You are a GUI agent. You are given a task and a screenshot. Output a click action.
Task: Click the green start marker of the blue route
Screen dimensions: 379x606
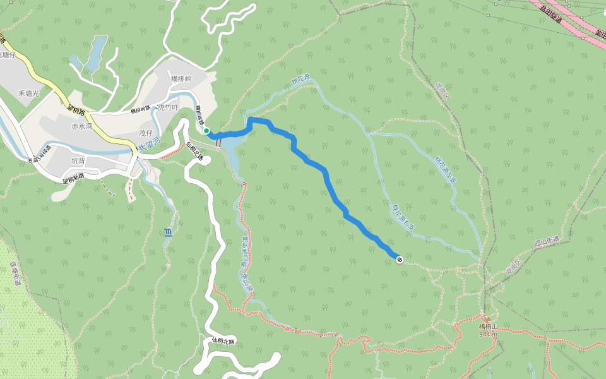pyautogui.click(x=206, y=131)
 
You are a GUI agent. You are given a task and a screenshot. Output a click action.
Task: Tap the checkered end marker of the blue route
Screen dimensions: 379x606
pyautogui.click(x=399, y=259)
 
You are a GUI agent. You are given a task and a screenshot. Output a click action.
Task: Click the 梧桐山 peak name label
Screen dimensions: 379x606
pyautogui.click(x=489, y=327)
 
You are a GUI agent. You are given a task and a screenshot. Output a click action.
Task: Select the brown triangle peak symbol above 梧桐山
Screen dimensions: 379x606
pyautogui.click(x=488, y=318)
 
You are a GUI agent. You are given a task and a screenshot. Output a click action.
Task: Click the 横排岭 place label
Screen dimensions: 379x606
pyautogui.click(x=181, y=78)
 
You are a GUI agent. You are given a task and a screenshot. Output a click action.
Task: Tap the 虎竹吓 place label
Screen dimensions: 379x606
pyautogui.click(x=168, y=107)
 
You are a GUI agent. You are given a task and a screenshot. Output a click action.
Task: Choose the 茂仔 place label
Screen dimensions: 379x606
pyautogui.click(x=146, y=133)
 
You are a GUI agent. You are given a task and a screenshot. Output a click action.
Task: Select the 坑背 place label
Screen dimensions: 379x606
pyautogui.click(x=78, y=161)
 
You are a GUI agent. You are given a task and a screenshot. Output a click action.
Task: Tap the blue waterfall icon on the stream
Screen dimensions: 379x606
pyautogui.click(x=167, y=232)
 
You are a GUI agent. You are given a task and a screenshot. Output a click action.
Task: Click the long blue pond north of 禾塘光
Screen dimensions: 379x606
pyautogui.click(x=95, y=53)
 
